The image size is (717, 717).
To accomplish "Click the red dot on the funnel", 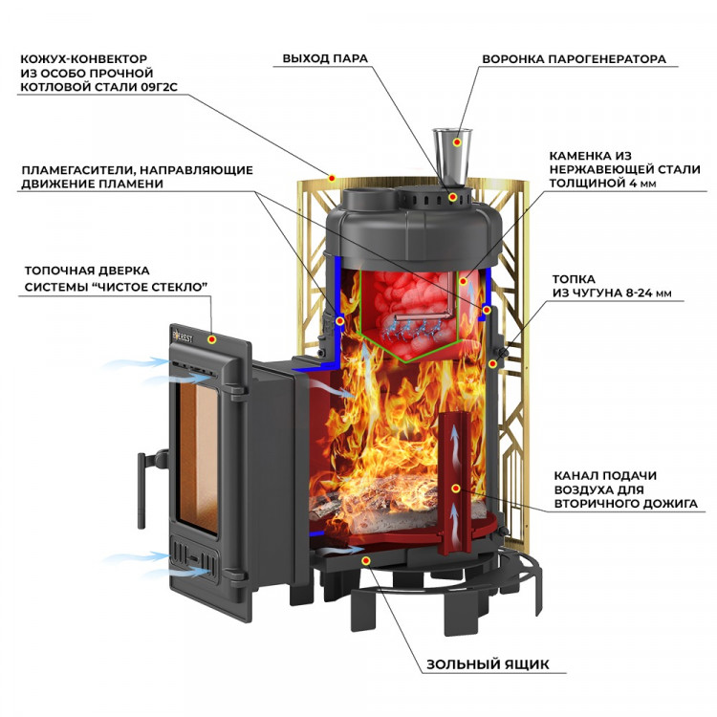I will point(458,142).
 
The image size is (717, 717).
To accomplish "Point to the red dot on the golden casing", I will point(331,178).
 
